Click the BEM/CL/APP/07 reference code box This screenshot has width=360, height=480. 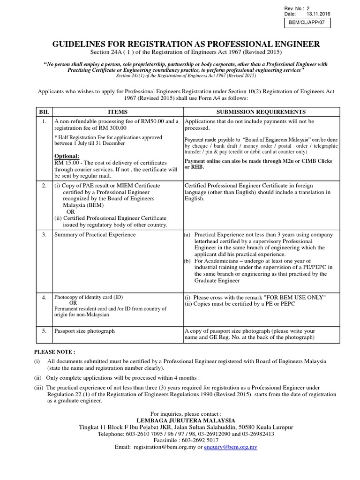pos(307,22)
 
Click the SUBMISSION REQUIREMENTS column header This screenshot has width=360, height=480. pos(261,112)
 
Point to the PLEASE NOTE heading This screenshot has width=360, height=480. pos(54,352)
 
